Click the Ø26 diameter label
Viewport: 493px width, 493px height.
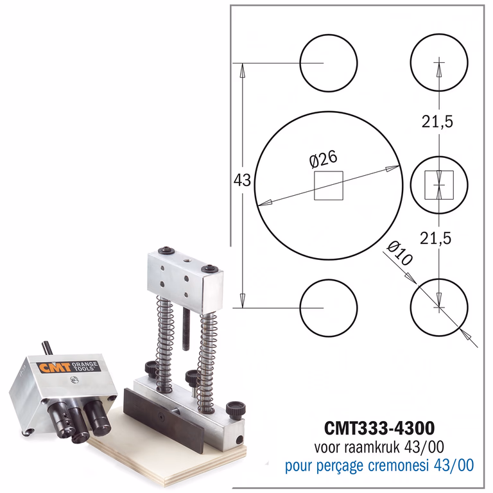(324, 159)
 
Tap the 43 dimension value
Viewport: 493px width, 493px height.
(242, 180)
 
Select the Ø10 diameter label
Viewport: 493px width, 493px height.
(399, 253)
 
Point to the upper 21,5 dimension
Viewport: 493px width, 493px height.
(437, 121)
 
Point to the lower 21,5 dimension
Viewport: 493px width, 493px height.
(436, 238)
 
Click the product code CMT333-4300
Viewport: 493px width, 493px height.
(379, 428)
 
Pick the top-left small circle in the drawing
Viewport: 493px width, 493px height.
(329, 34)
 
